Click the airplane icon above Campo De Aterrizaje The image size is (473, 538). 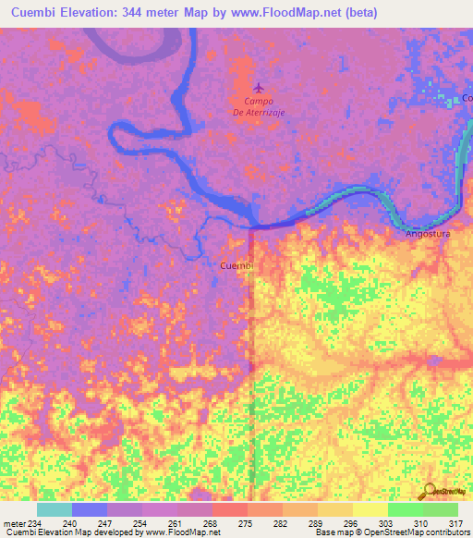(258, 88)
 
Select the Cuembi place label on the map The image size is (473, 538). (236, 265)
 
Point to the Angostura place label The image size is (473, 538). (428, 235)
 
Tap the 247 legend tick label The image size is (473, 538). (106, 523)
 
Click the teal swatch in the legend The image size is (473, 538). (54, 510)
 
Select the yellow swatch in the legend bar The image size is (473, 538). (370, 510)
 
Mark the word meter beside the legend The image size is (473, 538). (14, 523)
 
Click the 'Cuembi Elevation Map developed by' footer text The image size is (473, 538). (70, 532)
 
